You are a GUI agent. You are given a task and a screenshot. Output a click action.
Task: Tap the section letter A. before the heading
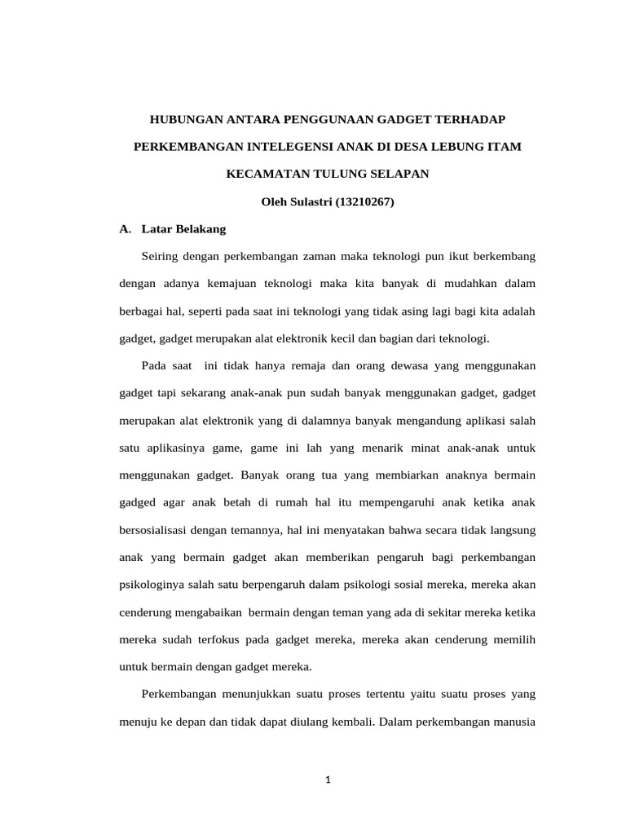126,229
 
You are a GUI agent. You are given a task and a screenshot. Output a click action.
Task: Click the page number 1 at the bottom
328,780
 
